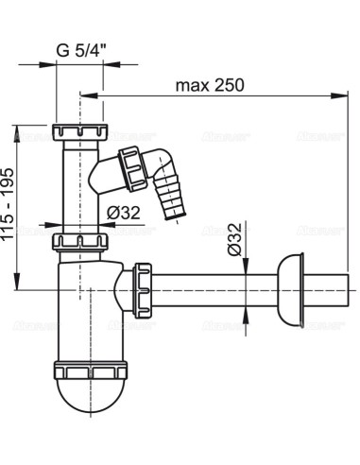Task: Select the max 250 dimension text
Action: (x=210, y=85)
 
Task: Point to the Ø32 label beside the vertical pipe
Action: (x=124, y=210)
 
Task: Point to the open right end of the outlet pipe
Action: (x=351, y=282)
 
